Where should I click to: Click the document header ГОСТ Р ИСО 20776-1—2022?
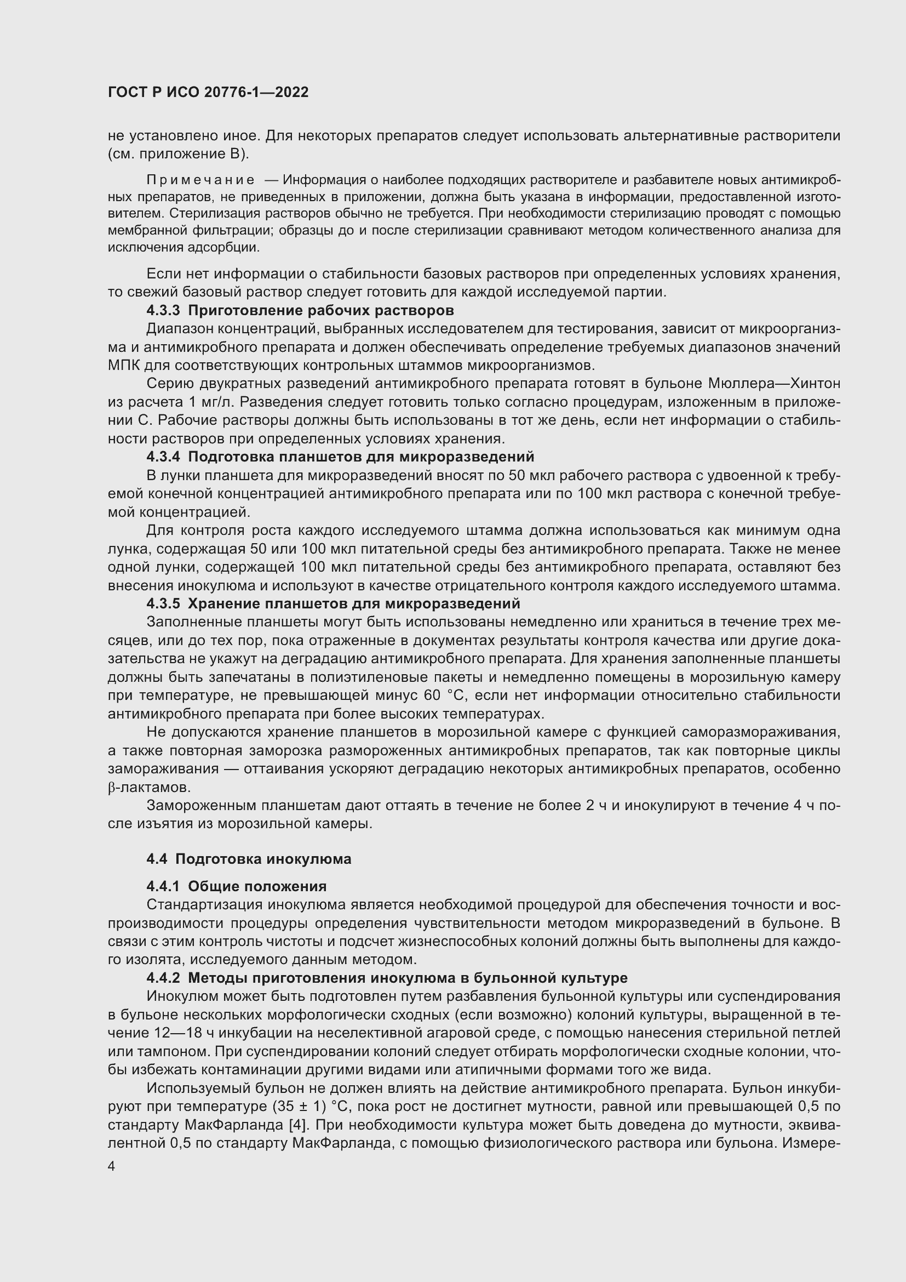(x=208, y=93)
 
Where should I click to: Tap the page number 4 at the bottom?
(x=112, y=1166)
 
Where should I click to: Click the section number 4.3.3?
(x=163, y=310)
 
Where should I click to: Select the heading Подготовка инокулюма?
(x=263, y=859)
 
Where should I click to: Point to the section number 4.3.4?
(x=163, y=457)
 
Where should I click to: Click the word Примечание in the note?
(x=200, y=180)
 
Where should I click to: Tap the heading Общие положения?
(x=257, y=887)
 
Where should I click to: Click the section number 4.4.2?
(x=163, y=978)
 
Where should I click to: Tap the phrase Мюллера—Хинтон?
(x=774, y=384)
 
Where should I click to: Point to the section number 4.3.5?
(x=163, y=604)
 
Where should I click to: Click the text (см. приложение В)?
(x=179, y=154)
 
